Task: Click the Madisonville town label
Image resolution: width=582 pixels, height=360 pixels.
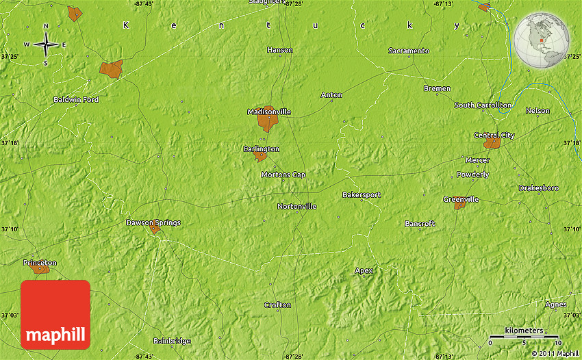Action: pyautogui.click(x=269, y=111)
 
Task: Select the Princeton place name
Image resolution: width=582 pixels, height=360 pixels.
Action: pyautogui.click(x=40, y=262)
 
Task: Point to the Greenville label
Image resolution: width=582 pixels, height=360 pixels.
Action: pyautogui.click(x=461, y=199)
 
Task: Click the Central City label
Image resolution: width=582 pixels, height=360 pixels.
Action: pyautogui.click(x=494, y=136)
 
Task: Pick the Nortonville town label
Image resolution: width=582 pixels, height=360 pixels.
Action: pyautogui.click(x=297, y=206)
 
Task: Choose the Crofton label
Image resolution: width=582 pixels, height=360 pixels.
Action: pyautogui.click(x=277, y=305)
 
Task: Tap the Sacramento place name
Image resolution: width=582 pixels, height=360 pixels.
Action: pyautogui.click(x=408, y=51)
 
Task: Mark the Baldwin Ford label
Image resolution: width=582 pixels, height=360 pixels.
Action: pyautogui.click(x=76, y=100)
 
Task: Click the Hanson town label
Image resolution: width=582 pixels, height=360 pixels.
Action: pyautogui.click(x=280, y=50)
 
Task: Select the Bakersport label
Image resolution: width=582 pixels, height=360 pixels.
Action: pyautogui.click(x=362, y=195)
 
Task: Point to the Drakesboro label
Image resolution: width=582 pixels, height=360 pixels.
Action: pyautogui.click(x=539, y=188)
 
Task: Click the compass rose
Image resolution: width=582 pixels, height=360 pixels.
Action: pyautogui.click(x=46, y=45)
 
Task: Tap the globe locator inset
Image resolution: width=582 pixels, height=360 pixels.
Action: pyautogui.click(x=542, y=41)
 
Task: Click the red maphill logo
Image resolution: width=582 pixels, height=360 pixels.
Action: pyautogui.click(x=55, y=314)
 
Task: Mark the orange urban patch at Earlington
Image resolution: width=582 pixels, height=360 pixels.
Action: pyautogui.click(x=260, y=156)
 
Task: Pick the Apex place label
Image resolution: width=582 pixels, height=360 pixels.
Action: pyautogui.click(x=364, y=270)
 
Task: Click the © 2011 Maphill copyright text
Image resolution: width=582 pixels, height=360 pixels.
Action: pyautogui.click(x=554, y=353)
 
